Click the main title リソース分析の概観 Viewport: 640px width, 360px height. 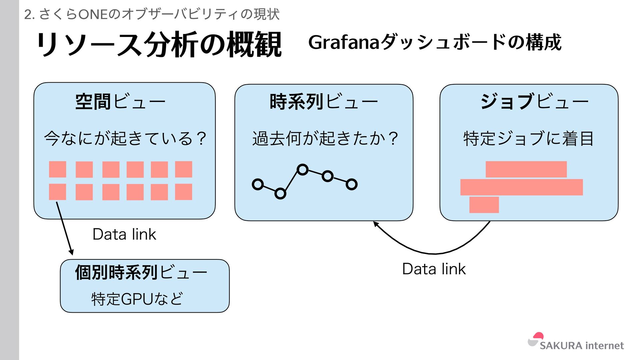(159, 44)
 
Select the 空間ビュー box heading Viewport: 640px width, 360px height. (120, 102)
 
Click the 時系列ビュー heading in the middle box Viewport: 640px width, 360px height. (323, 102)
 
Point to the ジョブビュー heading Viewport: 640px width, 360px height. (534, 102)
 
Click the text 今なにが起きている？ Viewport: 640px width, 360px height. (125, 138)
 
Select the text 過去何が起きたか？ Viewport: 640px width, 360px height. (325, 138)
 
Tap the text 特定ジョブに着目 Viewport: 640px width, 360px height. (529, 138)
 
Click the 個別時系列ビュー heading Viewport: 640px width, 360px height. (141, 273)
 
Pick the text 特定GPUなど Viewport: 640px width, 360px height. (137, 299)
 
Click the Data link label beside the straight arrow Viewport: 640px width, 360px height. (124, 234)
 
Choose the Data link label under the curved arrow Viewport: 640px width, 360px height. (434, 269)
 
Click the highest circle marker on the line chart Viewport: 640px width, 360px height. (302, 170)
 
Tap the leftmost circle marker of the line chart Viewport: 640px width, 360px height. (258, 184)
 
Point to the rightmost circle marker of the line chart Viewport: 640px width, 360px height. (351, 184)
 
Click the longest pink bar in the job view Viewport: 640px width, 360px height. (521, 187)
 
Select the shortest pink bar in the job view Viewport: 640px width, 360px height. (484, 205)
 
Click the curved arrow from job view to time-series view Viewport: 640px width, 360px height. (433, 253)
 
